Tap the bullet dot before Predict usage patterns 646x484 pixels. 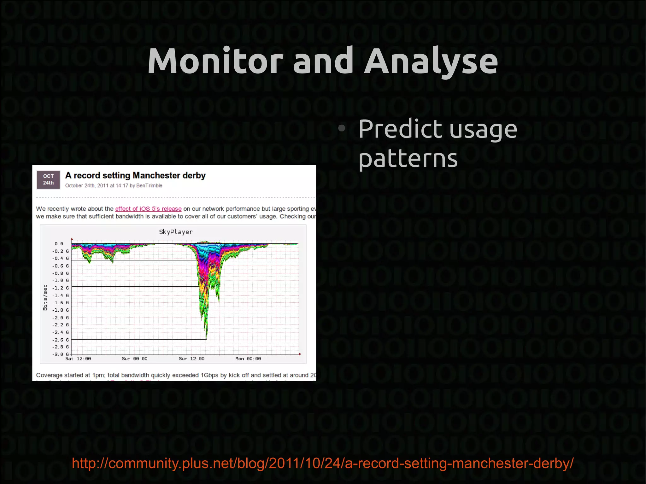341,128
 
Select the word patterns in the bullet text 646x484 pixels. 408,159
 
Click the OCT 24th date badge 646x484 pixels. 48,179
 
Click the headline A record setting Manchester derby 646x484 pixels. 135,175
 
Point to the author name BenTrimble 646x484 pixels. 149,186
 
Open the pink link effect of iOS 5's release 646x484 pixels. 148,209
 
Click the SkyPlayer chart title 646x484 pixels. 176,232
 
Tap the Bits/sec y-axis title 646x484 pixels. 45,297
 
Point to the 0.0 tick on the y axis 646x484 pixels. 59,244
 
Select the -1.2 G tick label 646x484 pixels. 60,288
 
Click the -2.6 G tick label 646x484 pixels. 60,340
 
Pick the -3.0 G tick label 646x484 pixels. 60,354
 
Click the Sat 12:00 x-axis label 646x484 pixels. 78,359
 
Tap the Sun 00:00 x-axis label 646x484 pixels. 135,359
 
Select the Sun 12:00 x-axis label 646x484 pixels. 191,359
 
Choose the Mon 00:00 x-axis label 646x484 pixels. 248,359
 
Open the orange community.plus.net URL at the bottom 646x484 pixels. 322,463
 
